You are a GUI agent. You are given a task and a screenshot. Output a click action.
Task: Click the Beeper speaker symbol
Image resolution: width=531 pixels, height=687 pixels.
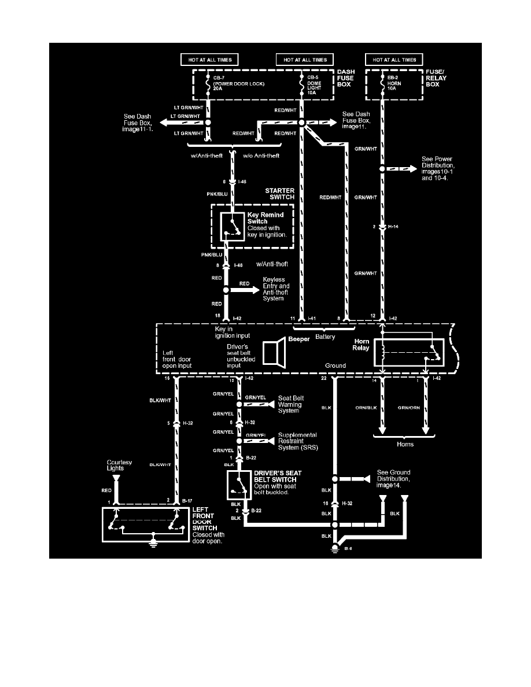click(x=274, y=352)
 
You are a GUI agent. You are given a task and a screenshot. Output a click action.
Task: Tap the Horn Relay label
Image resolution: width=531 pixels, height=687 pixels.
click(x=362, y=345)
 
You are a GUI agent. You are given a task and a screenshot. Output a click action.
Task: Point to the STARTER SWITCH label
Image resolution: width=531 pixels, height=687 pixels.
click(x=280, y=193)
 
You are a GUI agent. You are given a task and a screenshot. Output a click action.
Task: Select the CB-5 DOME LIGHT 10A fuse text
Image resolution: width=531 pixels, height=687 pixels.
click(x=316, y=83)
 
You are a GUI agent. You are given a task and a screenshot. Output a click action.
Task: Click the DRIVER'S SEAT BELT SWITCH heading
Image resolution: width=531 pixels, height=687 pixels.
click(x=275, y=476)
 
